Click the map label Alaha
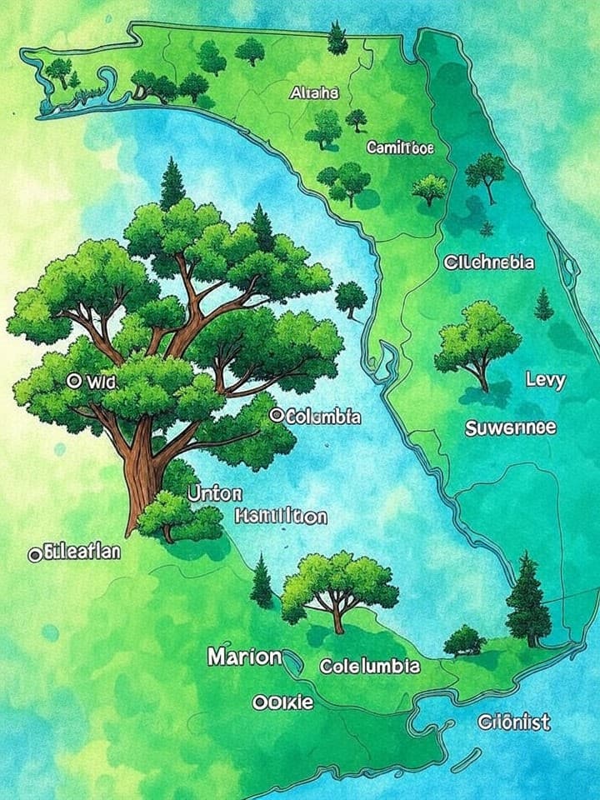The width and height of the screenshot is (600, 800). tap(314, 94)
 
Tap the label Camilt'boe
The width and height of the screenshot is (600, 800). tap(400, 147)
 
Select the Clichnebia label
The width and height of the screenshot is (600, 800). tap(488, 262)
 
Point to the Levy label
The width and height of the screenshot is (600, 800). tap(546, 381)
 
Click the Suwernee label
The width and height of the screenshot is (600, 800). tap(510, 429)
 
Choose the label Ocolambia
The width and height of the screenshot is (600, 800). tap(317, 416)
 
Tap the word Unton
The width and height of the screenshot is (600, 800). tap(214, 492)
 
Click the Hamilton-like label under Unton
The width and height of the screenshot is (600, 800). tap(281, 517)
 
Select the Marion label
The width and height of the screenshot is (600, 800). tap(244, 657)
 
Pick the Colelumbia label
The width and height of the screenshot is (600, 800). tap(370, 667)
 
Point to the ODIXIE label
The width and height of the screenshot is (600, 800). tap(282, 702)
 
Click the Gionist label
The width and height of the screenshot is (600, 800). tap(514, 722)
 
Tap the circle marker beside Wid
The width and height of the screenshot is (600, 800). tap(72, 381)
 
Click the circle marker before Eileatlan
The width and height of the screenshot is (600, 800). tap(34, 552)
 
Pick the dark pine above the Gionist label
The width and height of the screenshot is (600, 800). tap(527, 600)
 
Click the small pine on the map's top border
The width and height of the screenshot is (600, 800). tap(337, 37)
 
